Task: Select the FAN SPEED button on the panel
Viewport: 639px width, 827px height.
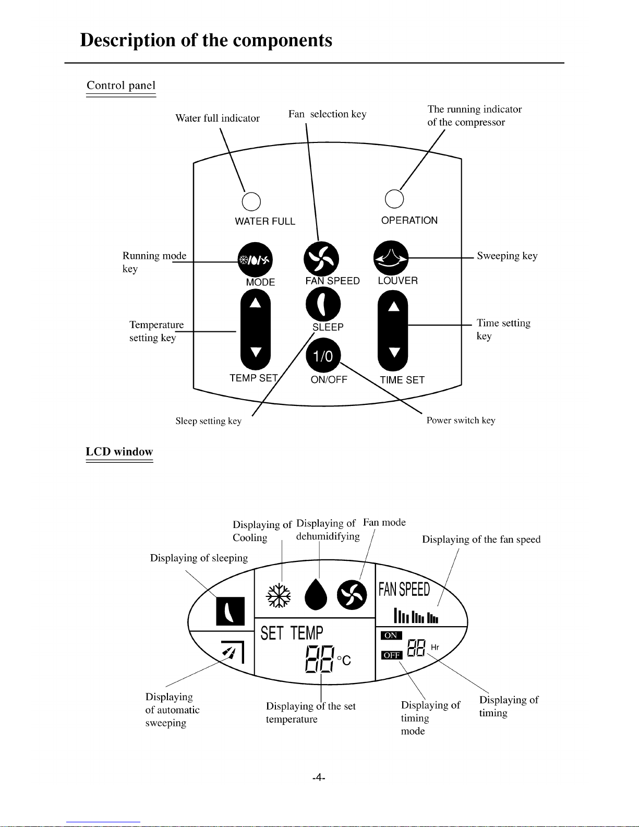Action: tap(321, 259)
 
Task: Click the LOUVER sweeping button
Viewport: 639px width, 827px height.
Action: tap(391, 258)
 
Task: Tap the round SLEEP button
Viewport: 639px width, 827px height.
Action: tap(323, 304)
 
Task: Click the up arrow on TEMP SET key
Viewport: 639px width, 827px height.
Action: tap(255, 303)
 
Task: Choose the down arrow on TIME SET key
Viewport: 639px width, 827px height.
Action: tap(394, 352)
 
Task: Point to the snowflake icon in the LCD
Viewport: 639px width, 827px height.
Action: tap(279, 595)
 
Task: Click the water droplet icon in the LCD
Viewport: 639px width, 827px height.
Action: tap(316, 594)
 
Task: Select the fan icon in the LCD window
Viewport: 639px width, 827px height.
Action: tap(352, 595)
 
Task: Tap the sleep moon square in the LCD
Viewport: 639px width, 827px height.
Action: tap(230, 611)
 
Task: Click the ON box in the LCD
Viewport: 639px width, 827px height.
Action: tap(391, 635)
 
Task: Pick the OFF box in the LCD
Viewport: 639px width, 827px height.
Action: tap(391, 655)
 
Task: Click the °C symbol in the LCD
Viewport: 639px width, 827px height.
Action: tap(344, 661)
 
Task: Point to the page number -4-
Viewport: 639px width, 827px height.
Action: tap(319, 777)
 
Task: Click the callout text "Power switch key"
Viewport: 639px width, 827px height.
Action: tap(461, 420)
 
